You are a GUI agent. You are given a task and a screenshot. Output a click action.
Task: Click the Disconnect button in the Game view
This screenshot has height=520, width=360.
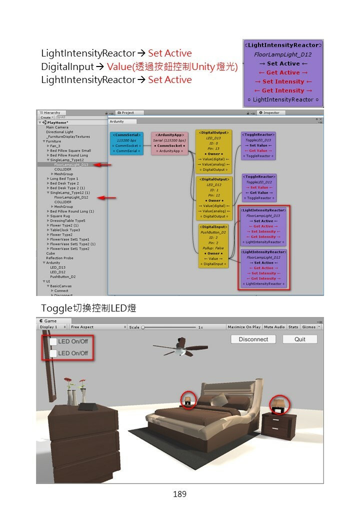[x=253, y=339]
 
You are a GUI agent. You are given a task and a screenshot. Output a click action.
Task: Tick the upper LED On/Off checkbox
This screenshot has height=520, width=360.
[x=53, y=341]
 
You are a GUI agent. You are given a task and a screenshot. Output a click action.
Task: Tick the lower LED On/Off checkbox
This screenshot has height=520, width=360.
[x=53, y=353]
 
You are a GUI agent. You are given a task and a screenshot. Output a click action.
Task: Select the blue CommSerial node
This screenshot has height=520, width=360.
[x=126, y=143]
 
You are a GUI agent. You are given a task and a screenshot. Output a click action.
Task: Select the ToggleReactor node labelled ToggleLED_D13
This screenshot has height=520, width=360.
[x=258, y=145]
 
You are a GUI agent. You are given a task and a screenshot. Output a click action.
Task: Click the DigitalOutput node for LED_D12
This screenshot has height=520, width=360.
[x=214, y=197]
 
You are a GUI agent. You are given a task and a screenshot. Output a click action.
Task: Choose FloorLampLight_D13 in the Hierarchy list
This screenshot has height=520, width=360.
[x=71, y=164]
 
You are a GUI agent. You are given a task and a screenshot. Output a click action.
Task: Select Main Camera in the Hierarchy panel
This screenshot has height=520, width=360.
[x=57, y=127]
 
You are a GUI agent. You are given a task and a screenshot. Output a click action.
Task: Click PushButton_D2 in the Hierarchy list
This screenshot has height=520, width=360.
[x=62, y=276]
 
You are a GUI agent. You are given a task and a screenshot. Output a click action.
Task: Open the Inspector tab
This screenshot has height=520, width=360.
[x=270, y=113]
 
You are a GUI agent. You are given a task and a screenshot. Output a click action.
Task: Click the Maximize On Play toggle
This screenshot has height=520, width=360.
[x=244, y=327]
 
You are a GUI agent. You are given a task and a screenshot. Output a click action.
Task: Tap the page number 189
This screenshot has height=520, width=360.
[x=179, y=494]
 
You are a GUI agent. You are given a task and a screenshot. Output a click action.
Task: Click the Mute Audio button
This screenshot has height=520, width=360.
[x=274, y=327]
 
